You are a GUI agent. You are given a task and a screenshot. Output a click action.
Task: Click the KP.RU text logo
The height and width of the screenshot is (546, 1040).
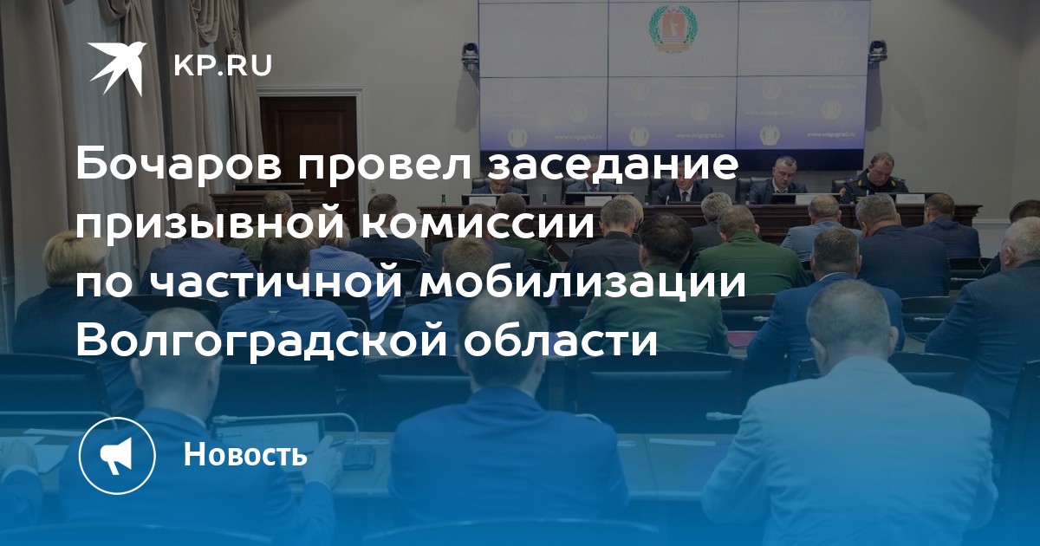(223, 66)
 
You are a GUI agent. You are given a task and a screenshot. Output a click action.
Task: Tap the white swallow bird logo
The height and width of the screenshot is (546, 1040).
(118, 68)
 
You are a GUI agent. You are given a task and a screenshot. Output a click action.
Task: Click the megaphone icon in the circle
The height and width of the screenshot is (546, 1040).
(116, 455)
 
